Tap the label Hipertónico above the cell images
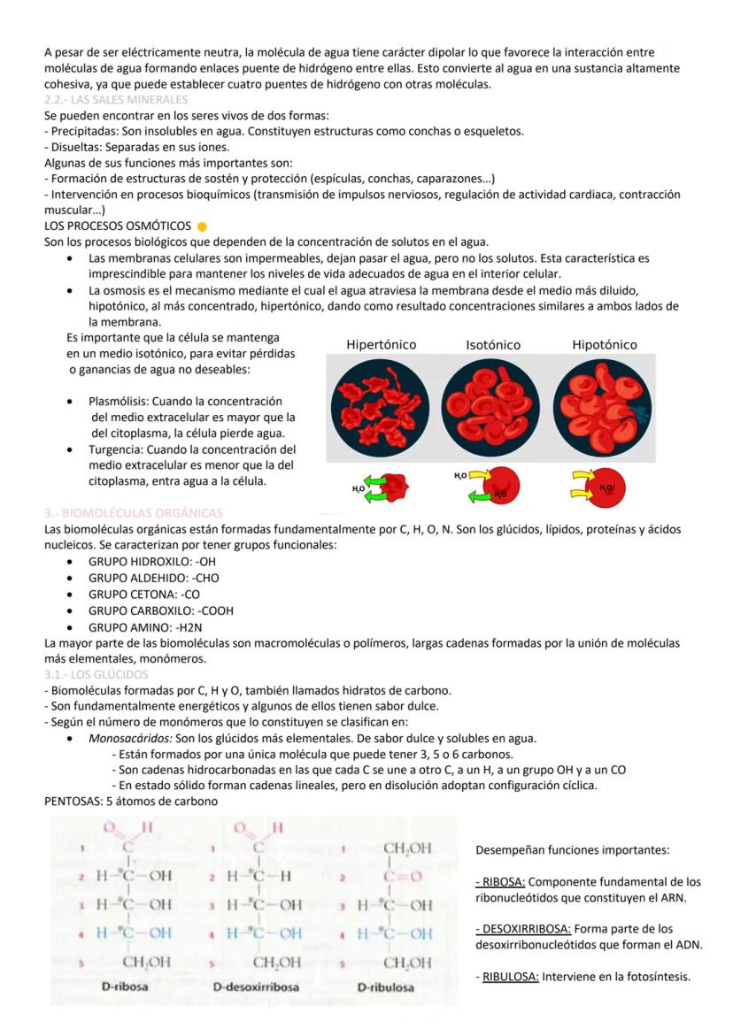[381, 344]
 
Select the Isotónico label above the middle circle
[492, 344]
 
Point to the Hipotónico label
[604, 344]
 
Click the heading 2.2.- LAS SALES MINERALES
[116, 99]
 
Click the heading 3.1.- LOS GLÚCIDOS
[96, 675]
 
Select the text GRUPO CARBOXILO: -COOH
[160, 610]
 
